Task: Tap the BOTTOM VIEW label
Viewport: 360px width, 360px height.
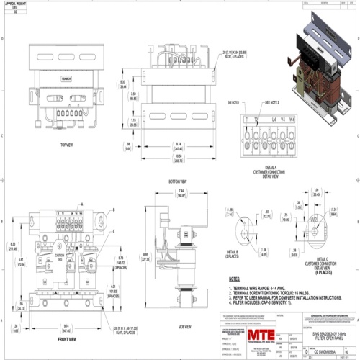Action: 177,181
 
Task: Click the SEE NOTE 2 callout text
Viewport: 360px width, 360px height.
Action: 268,103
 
